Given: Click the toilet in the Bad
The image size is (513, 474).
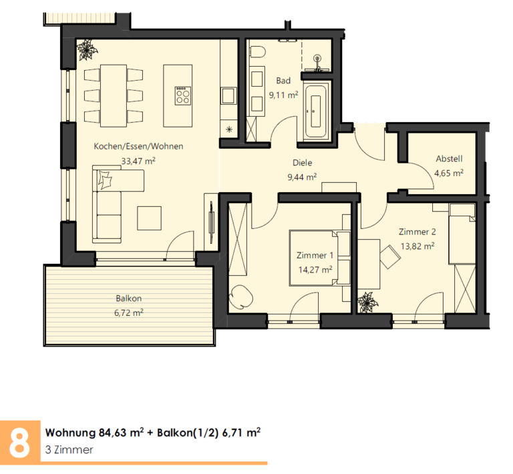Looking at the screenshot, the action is pos(257,51).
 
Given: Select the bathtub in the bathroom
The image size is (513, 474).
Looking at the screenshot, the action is pos(315,111).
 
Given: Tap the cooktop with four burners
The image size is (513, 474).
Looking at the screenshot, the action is pos(182,95).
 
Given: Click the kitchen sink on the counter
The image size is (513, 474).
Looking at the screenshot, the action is pos(228,95).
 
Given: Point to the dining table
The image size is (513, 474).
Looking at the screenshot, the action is pos(114,95).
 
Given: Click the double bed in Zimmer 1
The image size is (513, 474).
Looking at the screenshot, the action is pos(320,258).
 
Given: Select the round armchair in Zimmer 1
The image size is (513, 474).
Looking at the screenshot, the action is pos(240,296).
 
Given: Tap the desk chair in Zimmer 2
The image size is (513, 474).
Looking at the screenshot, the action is pos(389,256).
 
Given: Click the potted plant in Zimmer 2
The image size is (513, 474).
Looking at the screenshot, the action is pos(368,302).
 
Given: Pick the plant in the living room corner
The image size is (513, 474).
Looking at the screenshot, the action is pos(88,49).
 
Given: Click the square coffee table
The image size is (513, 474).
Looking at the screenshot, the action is pos(149,218).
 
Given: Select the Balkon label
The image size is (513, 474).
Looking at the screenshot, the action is pos(128,298).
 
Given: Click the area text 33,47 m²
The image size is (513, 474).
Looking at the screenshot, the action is pos(138,161).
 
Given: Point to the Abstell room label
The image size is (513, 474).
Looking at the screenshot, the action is pos(449,158).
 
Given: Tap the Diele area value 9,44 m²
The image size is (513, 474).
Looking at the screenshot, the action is pos(302,177).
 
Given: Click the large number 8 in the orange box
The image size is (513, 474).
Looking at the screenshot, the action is pos(19,442).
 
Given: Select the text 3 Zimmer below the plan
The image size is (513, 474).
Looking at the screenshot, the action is pos(69,449).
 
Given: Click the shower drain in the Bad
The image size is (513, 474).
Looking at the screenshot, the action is pos(317,59).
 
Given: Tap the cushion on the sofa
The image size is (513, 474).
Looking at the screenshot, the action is pos(105,179).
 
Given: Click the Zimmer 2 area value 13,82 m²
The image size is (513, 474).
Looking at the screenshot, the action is pos(417,246).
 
